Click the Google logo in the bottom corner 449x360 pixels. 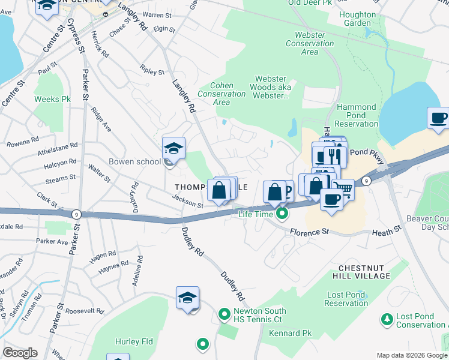tap(20, 353)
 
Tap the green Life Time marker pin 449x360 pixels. tap(281, 214)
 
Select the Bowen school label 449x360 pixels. tap(134, 161)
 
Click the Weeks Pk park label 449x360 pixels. tap(49, 99)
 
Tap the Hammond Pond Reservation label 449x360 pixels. tap(357, 115)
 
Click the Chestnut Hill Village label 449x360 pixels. tap(364, 271)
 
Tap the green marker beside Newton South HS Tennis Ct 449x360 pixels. tap(224, 314)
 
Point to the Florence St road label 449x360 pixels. tap(311, 231)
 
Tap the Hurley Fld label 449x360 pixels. tap(135, 342)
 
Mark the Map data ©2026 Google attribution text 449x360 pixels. tap(411, 355)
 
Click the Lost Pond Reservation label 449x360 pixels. tap(346, 299)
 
